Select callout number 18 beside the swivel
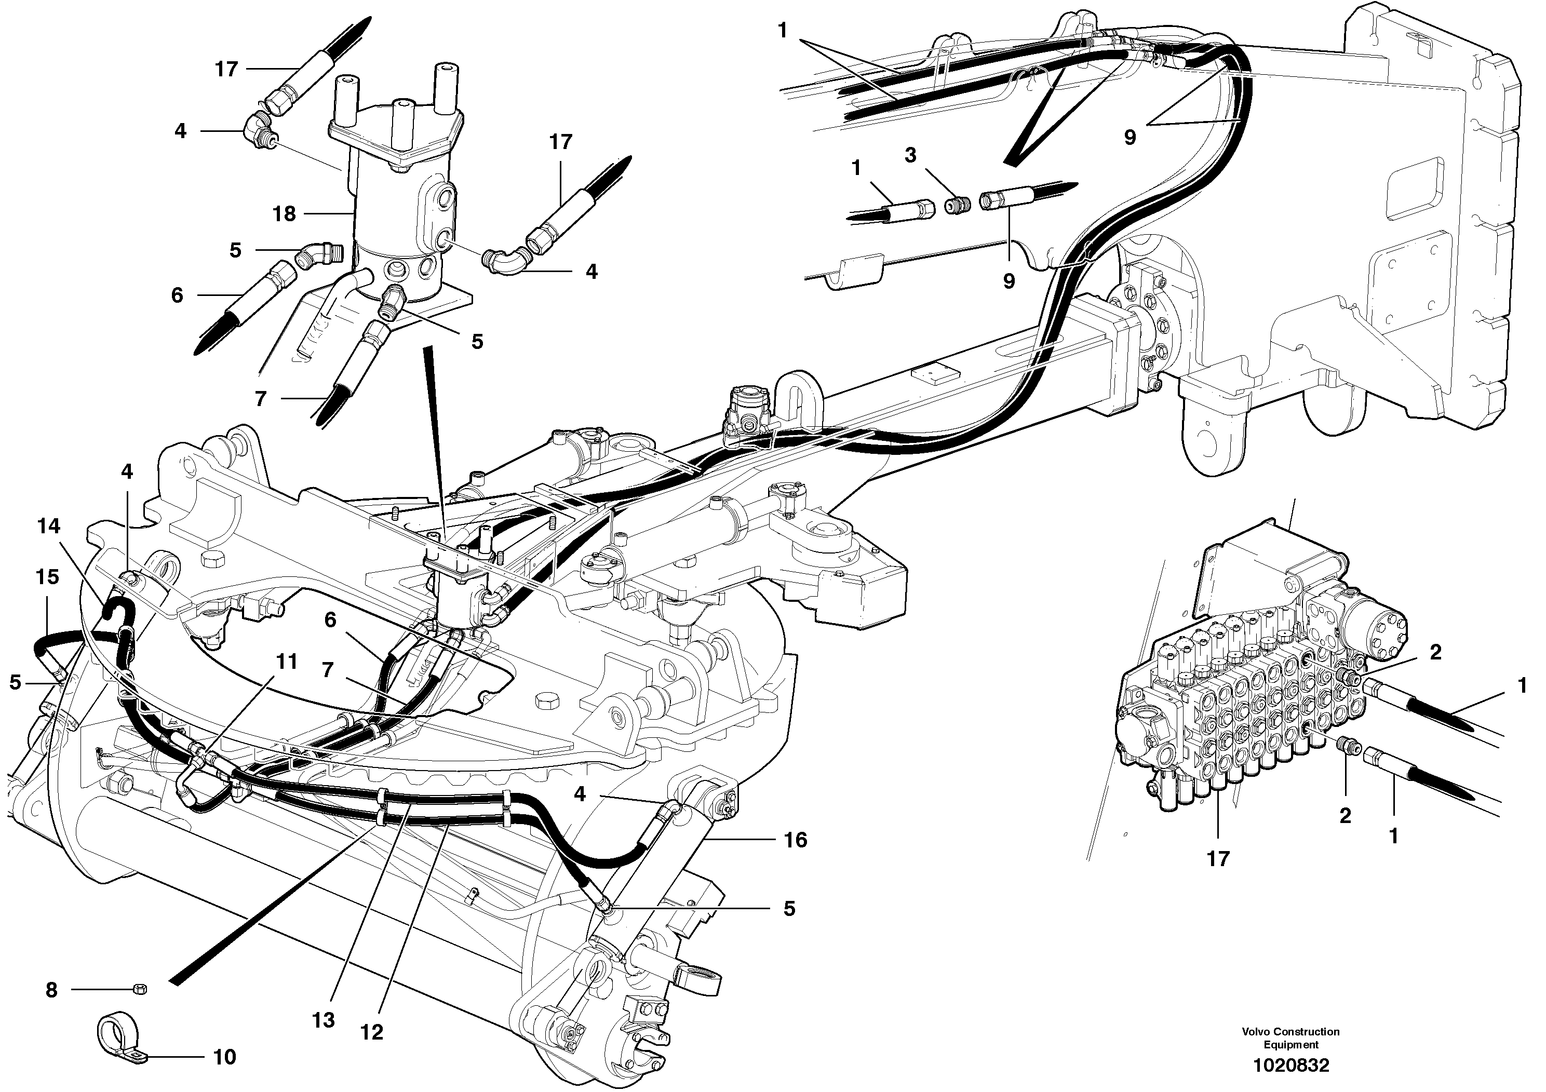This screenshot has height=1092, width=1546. pyautogui.click(x=284, y=214)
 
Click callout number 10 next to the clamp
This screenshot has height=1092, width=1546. pyautogui.click(x=224, y=1057)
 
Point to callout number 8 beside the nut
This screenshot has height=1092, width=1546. pyautogui.click(x=51, y=990)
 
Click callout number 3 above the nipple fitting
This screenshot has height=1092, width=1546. pyautogui.click(x=910, y=156)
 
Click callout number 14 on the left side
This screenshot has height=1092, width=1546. pyautogui.click(x=48, y=526)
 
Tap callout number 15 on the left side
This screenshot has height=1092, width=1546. pyautogui.click(x=47, y=576)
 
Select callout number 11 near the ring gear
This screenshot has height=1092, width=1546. pyautogui.click(x=287, y=662)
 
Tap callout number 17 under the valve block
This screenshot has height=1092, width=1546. pyautogui.click(x=1217, y=858)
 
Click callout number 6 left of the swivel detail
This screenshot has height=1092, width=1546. pyautogui.click(x=177, y=295)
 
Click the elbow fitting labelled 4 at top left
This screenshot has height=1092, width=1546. pyautogui.click(x=256, y=125)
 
